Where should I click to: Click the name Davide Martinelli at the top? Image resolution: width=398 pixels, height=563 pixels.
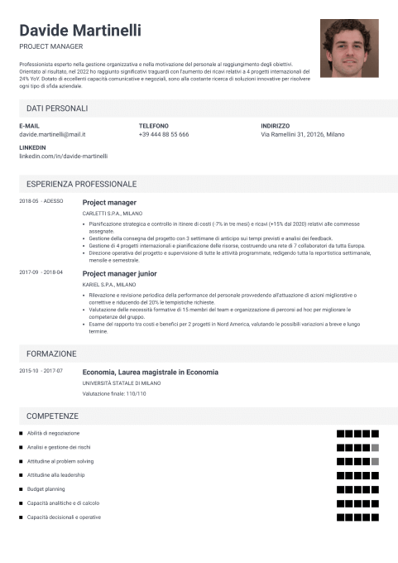tap(79, 30)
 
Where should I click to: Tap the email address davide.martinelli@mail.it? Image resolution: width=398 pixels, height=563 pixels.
tap(52, 134)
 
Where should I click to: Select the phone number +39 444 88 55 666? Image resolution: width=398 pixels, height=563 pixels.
tap(164, 134)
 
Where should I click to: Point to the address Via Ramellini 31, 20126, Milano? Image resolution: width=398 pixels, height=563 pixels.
tap(303, 134)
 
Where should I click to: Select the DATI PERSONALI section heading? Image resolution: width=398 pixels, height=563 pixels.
tap(57, 108)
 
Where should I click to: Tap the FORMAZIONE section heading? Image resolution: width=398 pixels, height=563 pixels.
tap(51, 353)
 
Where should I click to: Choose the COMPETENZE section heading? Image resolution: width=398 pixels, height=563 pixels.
tap(52, 415)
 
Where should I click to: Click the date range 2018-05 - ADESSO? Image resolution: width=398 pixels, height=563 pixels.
tap(41, 201)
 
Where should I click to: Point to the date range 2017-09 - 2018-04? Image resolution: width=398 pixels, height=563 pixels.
tap(41, 272)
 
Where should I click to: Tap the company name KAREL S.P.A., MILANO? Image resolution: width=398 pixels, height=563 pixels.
tap(109, 284)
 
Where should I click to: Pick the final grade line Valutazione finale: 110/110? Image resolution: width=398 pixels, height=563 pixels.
tap(114, 393)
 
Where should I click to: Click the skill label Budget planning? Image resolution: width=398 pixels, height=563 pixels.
tap(46, 489)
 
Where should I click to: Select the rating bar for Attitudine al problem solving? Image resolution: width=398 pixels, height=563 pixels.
tap(357, 461)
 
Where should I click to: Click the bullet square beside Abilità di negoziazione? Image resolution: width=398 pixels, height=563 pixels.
tap(22, 434)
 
